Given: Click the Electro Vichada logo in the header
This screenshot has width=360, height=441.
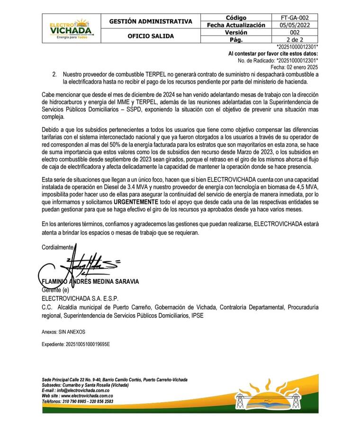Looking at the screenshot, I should coord(71,28).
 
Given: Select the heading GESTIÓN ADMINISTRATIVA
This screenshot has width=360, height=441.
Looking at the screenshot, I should coord(151,21).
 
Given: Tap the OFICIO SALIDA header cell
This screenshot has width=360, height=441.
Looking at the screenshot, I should coord(151,36).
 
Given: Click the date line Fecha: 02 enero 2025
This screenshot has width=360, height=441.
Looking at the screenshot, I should coord(294,67).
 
